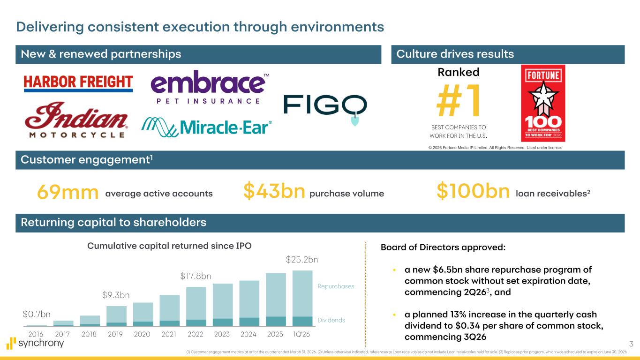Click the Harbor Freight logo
point(78,83)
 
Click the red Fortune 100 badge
point(543,103)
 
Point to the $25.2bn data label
point(302,259)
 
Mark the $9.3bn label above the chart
point(116,295)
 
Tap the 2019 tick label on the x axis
point(116,335)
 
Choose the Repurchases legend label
point(336,286)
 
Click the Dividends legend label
point(331,320)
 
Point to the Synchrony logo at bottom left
point(35,343)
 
